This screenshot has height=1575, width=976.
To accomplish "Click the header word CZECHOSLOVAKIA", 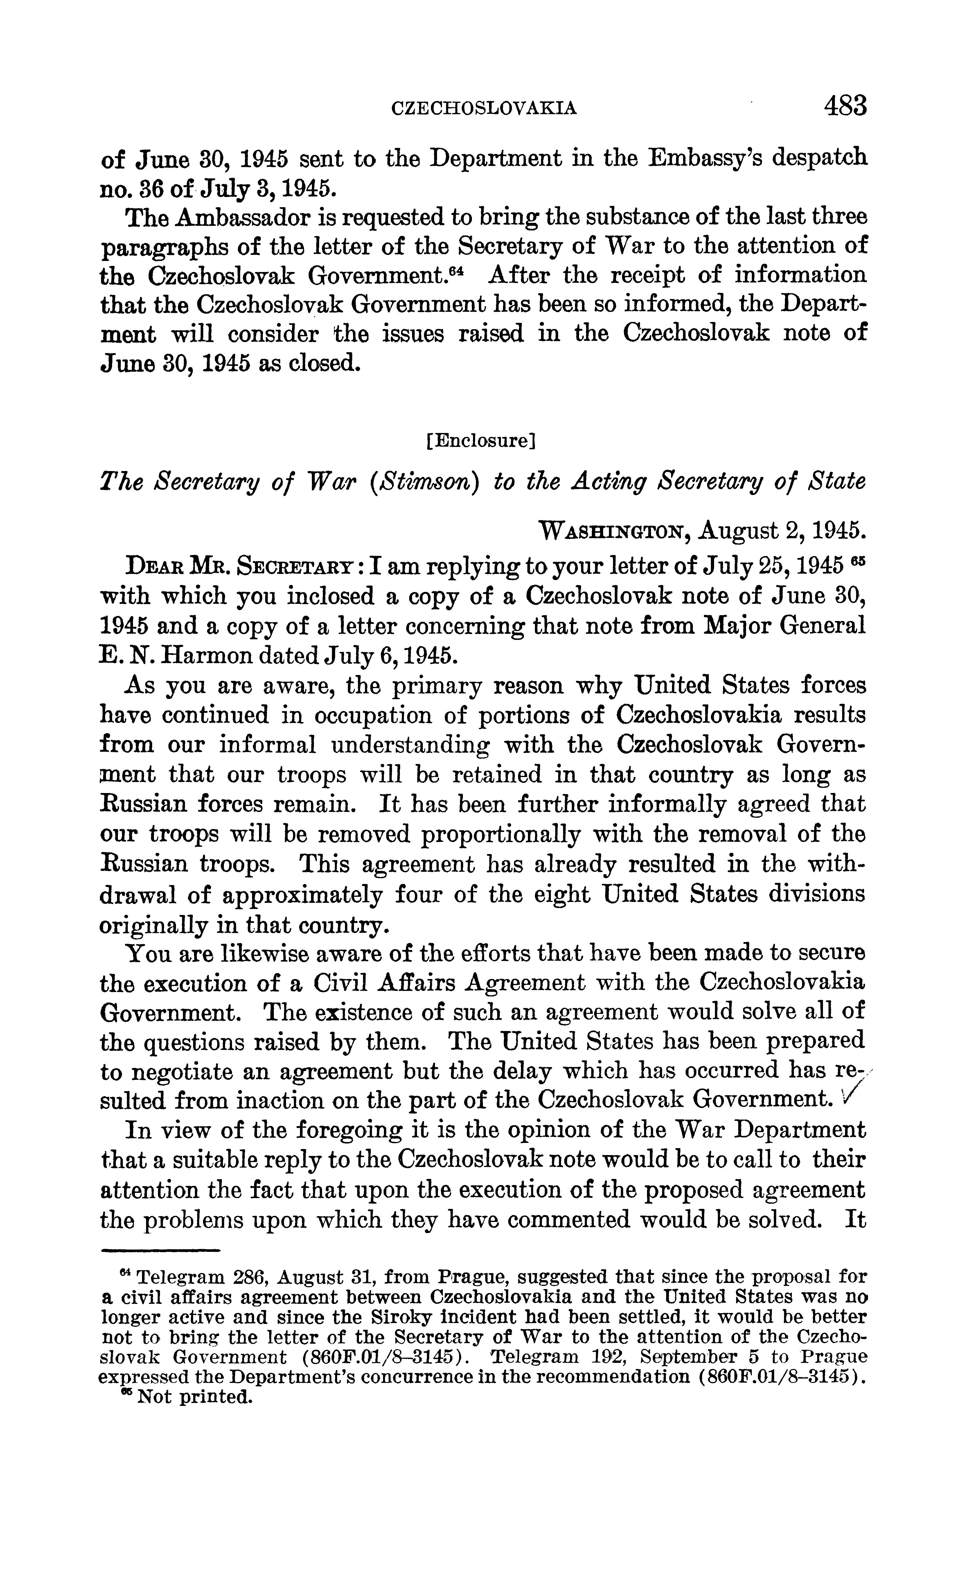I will (484, 108).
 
